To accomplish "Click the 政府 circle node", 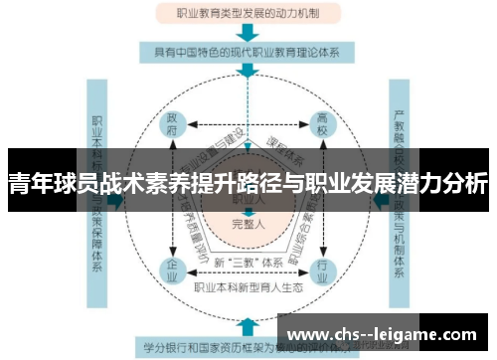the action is pyautogui.click(x=174, y=128).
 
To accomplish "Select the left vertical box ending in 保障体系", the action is pyautogui.click(x=98, y=189).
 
